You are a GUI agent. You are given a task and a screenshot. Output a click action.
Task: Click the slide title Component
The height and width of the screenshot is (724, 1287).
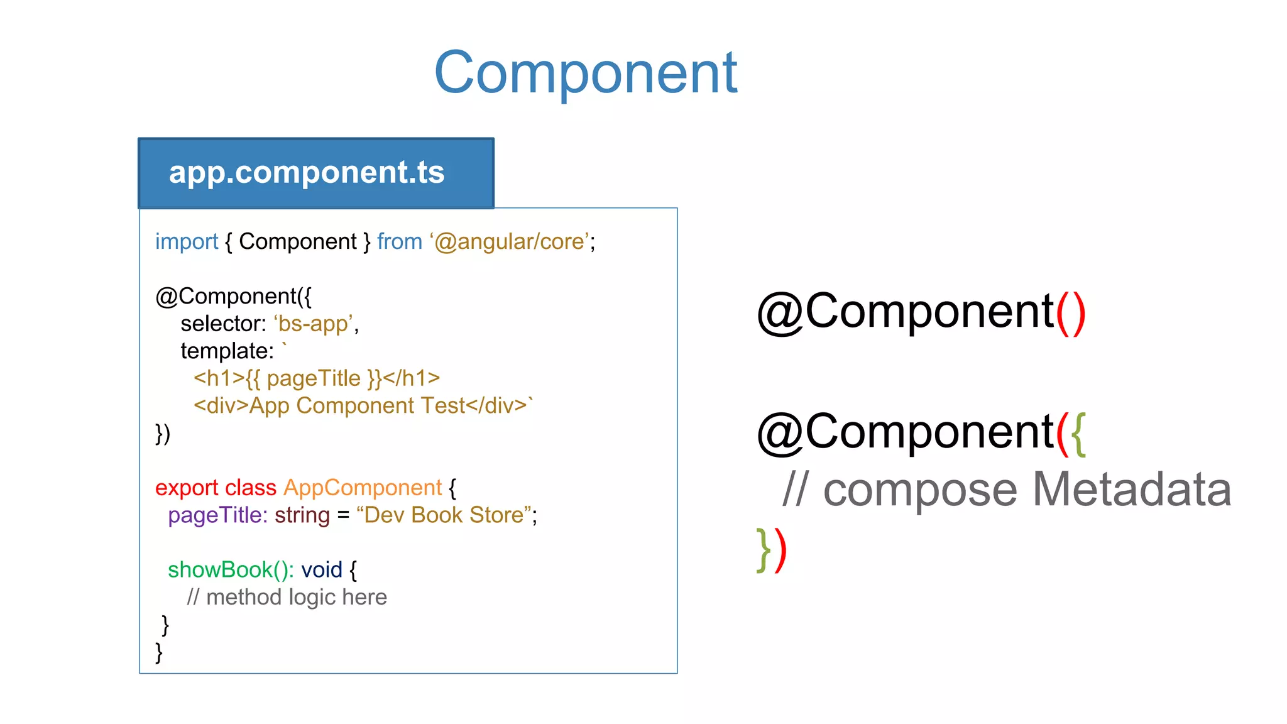pyautogui.click(x=585, y=73)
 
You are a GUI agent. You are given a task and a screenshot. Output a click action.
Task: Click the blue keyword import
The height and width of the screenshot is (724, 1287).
pyautogui.click(x=186, y=242)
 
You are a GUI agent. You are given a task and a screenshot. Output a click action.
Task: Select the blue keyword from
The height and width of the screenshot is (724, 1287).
pyautogui.click(x=399, y=242)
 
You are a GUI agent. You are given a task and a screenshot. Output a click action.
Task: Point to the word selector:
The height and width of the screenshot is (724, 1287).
pyautogui.click(x=223, y=324)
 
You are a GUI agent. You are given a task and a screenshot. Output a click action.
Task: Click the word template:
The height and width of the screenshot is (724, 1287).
pyautogui.click(x=227, y=351)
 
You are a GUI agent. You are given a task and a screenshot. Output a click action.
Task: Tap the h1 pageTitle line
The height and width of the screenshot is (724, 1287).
pyautogui.click(x=316, y=378)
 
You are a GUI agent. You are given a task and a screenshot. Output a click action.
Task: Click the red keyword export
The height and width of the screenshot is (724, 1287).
pyautogui.click(x=187, y=488)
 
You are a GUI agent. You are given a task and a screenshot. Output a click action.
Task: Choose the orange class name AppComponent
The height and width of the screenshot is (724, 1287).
pyautogui.click(x=363, y=488)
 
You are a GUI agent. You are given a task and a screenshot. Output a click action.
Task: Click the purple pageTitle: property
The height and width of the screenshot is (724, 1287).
pyautogui.click(x=217, y=515)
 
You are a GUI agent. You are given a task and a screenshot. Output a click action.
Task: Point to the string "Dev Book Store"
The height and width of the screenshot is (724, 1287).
pyautogui.click(x=444, y=515)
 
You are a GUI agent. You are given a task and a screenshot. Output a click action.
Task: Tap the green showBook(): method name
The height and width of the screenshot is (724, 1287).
pyautogui.click(x=231, y=570)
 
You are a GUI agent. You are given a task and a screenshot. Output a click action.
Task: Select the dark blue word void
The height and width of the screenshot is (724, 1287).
pyautogui.click(x=321, y=570)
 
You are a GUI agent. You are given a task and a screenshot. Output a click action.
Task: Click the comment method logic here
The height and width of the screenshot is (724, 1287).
pyautogui.click(x=295, y=597)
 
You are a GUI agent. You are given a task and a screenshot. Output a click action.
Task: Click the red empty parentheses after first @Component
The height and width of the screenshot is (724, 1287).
pyautogui.click(x=1070, y=312)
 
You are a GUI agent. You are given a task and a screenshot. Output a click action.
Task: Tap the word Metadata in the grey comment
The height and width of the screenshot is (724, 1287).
pyautogui.click(x=1131, y=490)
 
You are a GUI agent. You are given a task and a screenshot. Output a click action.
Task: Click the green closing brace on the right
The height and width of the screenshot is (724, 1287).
pyautogui.click(x=764, y=550)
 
